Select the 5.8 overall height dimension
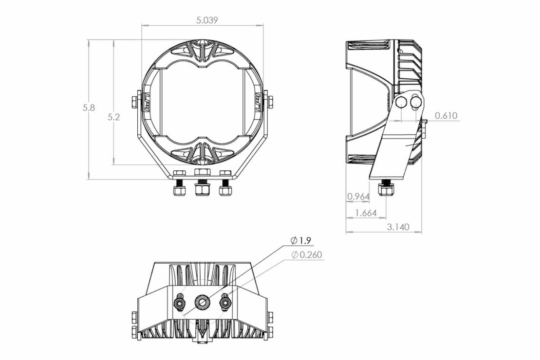point(89,108)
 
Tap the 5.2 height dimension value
point(114,117)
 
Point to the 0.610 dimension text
point(446,116)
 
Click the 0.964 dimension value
point(358,197)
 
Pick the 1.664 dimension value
point(365,213)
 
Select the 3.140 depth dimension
point(398,227)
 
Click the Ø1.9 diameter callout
point(300,240)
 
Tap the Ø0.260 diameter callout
point(307,254)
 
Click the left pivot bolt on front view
point(134,102)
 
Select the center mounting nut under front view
point(202,188)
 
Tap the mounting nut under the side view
point(386,190)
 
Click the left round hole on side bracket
point(402,102)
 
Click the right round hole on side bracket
point(416,102)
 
